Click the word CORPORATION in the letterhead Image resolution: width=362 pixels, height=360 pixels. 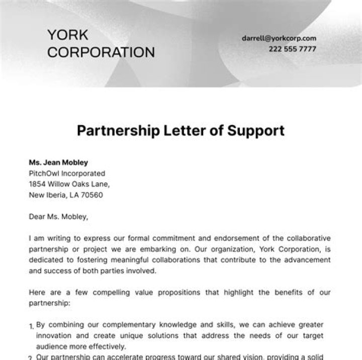click(x=101, y=52)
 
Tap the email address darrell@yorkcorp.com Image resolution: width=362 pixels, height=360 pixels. click(x=279, y=38)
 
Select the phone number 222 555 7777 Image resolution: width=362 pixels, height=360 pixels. click(x=292, y=49)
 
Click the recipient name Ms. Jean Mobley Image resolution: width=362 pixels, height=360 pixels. click(x=58, y=162)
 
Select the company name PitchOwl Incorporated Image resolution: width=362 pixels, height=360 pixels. click(x=67, y=173)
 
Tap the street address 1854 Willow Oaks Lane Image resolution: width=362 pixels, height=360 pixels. click(x=69, y=184)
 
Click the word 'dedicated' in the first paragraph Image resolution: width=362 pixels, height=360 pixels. click(x=47, y=260)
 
